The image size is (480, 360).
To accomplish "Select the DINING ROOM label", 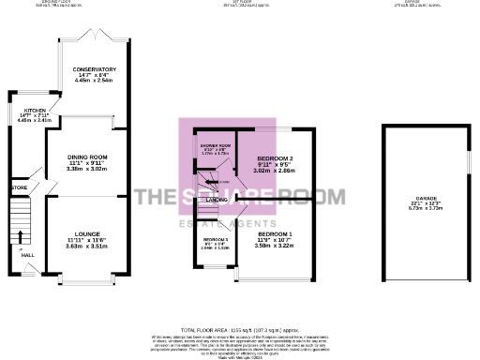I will pyautogui.click(x=86, y=157).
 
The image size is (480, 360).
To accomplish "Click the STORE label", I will pyautogui.click(x=19, y=188).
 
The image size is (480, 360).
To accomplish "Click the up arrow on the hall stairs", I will pyautogui.click(x=21, y=234).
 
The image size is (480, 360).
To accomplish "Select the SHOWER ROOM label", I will pyautogui.click(x=215, y=145).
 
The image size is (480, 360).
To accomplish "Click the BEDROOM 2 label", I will pyautogui.click(x=277, y=159).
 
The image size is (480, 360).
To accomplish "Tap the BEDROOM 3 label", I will pyautogui.click(x=216, y=241).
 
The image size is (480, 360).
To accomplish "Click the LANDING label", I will pyautogui.click(x=217, y=200).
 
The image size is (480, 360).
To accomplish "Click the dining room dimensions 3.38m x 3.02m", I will pyautogui.click(x=86, y=168).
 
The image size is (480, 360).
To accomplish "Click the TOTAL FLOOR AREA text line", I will pyautogui.click(x=241, y=330).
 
